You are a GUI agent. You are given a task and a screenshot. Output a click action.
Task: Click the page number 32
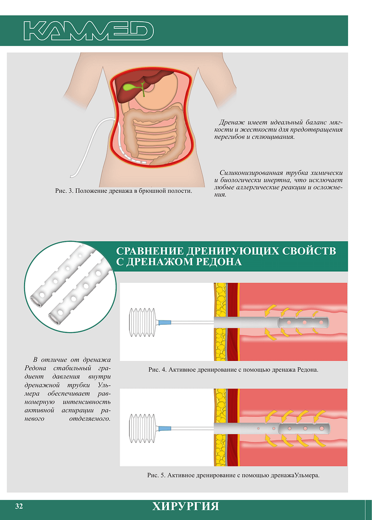click(19, 506)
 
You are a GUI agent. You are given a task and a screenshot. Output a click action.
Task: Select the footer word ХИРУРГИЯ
click(186, 507)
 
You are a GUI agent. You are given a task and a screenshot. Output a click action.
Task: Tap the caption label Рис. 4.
click(157, 370)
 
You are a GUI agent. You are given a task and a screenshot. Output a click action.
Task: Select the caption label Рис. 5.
click(156, 475)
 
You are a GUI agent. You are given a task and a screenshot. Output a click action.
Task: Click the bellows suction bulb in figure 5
click(142, 428)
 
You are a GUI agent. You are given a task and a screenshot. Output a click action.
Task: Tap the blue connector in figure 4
click(165, 322)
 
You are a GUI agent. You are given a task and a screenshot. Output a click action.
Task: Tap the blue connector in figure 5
click(165, 428)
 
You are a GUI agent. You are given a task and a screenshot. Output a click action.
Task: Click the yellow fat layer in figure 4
click(220, 321)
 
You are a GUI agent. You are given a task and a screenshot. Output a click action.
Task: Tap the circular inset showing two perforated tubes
click(70, 287)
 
